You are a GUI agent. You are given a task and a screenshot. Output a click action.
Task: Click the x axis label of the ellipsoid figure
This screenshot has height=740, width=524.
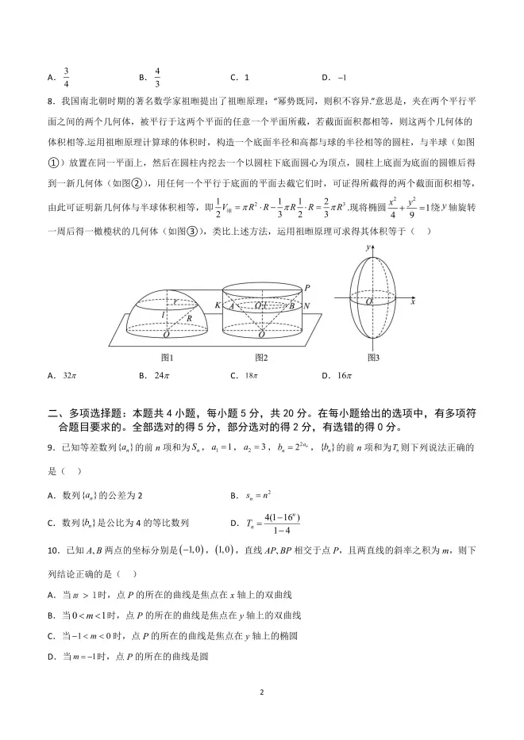[x=414, y=302]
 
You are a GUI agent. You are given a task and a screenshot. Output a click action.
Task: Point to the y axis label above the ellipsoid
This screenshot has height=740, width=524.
[x=368, y=247]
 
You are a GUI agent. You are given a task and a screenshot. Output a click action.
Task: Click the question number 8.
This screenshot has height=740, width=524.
[x=51, y=102]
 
